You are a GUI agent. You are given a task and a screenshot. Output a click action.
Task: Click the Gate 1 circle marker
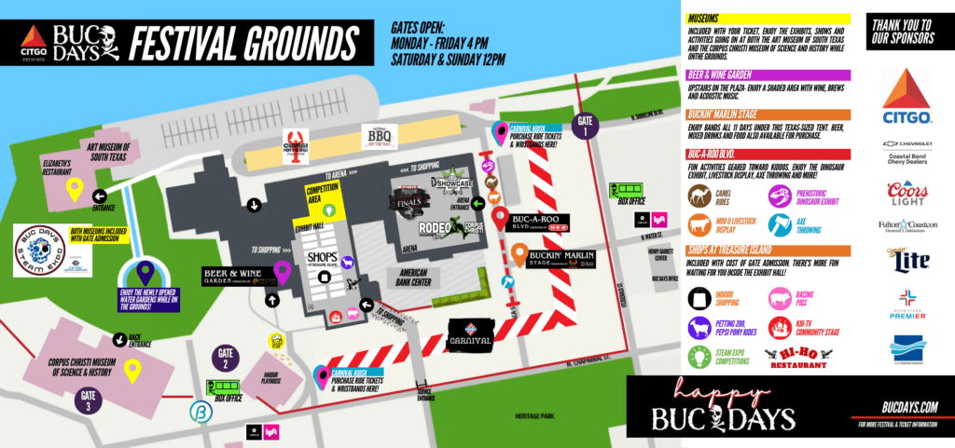tap(586, 127)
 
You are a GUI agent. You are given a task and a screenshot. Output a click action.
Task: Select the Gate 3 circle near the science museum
tap(87, 400)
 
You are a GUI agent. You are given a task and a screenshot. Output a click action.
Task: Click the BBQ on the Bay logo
tap(381, 139)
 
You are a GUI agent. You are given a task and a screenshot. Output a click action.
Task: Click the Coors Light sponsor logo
tap(907, 193)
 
